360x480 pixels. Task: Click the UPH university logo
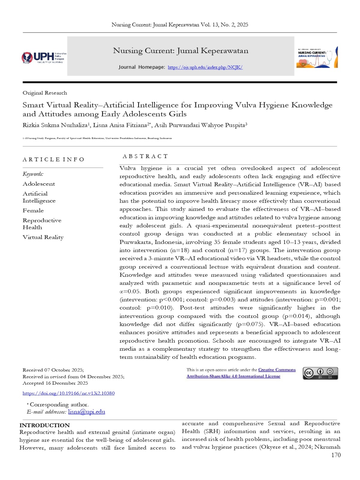44,57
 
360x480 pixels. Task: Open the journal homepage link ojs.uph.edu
205,67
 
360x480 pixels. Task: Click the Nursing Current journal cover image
317,57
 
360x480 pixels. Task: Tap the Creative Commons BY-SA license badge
320,373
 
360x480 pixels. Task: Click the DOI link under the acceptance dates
68,393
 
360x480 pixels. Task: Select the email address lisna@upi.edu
86,412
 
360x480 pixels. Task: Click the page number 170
336,455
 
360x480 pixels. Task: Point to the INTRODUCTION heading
44,425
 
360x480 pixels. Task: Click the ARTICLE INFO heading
53,159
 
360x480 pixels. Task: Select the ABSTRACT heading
145,156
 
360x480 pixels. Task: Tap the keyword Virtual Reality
43,237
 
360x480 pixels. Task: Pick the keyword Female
33,210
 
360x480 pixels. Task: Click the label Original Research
45,93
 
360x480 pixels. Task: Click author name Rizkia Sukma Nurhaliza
55,125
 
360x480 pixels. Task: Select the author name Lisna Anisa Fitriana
120,125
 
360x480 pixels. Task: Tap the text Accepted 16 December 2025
55,383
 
